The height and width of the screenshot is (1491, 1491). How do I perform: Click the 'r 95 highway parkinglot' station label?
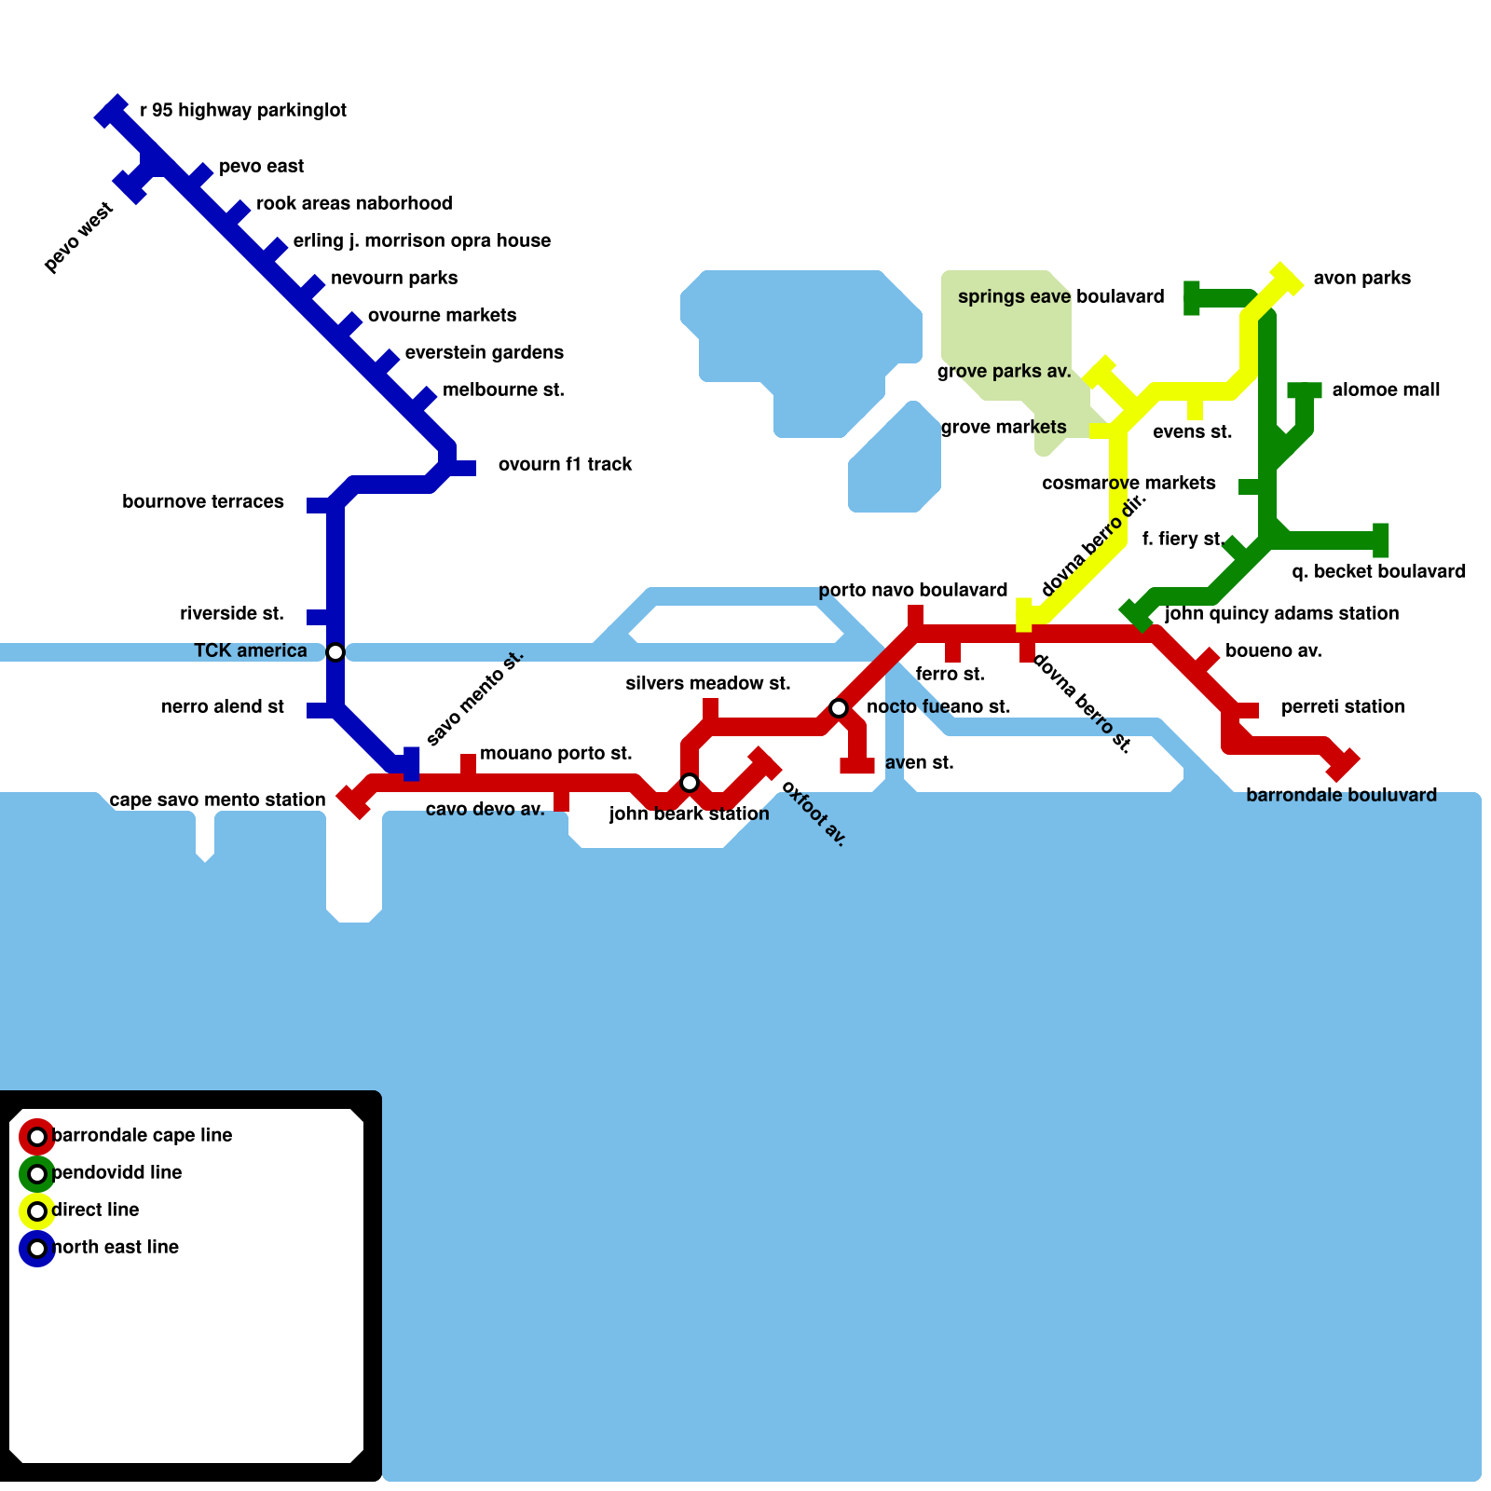tap(243, 110)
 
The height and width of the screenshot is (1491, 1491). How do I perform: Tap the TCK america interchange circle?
tap(335, 652)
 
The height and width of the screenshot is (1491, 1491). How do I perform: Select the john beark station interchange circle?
tap(690, 783)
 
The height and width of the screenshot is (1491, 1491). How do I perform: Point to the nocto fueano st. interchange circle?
tap(839, 708)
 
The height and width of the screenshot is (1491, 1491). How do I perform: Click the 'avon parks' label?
tap(1362, 278)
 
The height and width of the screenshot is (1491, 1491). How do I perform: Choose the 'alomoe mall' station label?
tap(1386, 390)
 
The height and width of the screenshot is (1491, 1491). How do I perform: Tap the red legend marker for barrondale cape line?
tap(37, 1137)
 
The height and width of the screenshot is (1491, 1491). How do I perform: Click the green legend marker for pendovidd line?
tap(37, 1174)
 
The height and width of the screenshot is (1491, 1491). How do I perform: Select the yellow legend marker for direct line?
tap(37, 1211)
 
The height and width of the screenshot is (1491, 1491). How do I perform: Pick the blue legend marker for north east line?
tap(37, 1249)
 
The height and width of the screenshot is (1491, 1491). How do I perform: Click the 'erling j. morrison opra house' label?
tap(422, 240)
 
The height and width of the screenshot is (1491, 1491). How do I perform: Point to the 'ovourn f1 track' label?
tap(565, 464)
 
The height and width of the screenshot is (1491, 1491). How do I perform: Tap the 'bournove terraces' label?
tap(203, 501)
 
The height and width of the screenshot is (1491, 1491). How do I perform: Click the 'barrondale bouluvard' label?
tap(1341, 795)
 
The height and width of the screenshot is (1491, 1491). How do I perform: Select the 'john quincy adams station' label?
tap(1281, 613)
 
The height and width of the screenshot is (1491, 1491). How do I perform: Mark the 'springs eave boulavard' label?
tap(1061, 296)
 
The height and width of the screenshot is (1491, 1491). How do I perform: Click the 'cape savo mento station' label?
tap(217, 800)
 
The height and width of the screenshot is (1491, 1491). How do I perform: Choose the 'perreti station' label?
tap(1343, 706)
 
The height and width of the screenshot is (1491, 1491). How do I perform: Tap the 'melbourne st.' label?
tap(503, 390)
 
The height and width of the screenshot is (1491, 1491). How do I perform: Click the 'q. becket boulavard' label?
tap(1378, 571)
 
